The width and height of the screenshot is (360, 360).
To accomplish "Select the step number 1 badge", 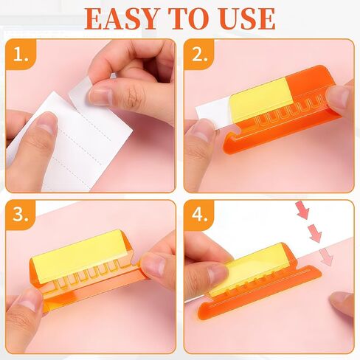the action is click(x=21, y=55).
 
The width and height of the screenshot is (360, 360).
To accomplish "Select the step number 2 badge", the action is click(x=199, y=55).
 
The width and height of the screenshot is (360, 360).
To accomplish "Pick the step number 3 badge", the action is click(x=21, y=215).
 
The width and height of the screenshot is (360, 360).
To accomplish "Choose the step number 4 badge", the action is click(x=199, y=215).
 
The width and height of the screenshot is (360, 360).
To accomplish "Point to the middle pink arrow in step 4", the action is click(x=315, y=233).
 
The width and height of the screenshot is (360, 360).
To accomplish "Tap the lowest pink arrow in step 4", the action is click(x=327, y=257).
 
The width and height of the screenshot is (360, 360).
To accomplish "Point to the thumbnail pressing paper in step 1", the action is click(x=46, y=123).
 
